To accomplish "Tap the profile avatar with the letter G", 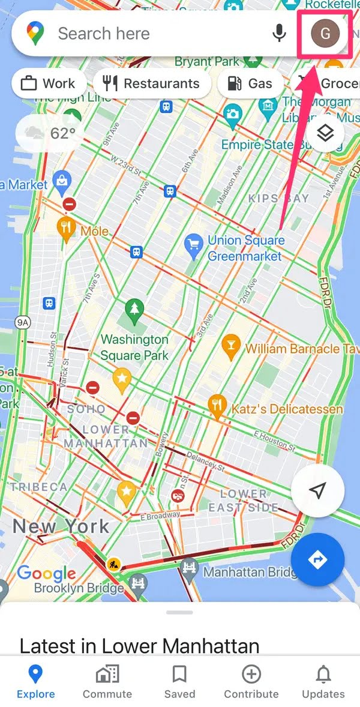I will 325,33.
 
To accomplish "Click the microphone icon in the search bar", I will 279,33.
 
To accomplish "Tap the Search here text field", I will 150,34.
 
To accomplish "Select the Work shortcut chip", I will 48,83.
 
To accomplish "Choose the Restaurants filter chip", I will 151,83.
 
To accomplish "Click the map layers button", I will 325,133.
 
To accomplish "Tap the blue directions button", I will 317,559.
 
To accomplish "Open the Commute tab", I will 107,682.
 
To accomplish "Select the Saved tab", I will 179,682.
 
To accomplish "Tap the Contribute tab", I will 251,682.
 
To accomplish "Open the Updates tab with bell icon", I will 323,682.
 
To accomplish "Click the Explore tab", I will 35,682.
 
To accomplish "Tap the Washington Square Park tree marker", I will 134,310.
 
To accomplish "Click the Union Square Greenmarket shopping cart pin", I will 193,244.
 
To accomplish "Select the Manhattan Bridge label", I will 248,572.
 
